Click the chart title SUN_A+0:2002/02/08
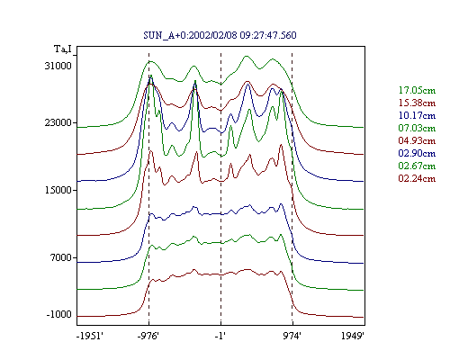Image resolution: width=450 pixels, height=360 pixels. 190,35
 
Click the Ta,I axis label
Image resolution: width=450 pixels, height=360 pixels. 63,49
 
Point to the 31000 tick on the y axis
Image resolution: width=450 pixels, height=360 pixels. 58,66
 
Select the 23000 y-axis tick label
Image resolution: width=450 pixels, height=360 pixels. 58,122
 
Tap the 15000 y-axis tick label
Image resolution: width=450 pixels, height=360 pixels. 58,190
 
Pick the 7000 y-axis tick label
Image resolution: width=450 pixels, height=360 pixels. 61,257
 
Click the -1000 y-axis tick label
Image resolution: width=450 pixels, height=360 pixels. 59,314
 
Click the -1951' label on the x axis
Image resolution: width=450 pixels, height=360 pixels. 90,336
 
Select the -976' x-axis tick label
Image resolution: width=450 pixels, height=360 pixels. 148,336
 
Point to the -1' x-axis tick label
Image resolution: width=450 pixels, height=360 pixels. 220,336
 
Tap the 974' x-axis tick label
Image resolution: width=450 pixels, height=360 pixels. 292,336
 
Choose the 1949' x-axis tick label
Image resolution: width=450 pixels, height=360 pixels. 353,336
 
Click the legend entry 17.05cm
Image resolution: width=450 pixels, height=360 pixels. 417,90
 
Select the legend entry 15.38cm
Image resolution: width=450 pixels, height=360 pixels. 417,103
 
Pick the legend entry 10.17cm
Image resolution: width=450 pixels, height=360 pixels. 417,115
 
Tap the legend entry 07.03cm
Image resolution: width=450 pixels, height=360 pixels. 417,128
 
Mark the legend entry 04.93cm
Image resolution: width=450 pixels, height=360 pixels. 417,140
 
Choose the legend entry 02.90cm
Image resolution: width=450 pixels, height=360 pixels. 417,153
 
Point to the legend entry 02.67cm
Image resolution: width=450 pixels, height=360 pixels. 417,166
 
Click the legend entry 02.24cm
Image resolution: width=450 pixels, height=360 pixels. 417,178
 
